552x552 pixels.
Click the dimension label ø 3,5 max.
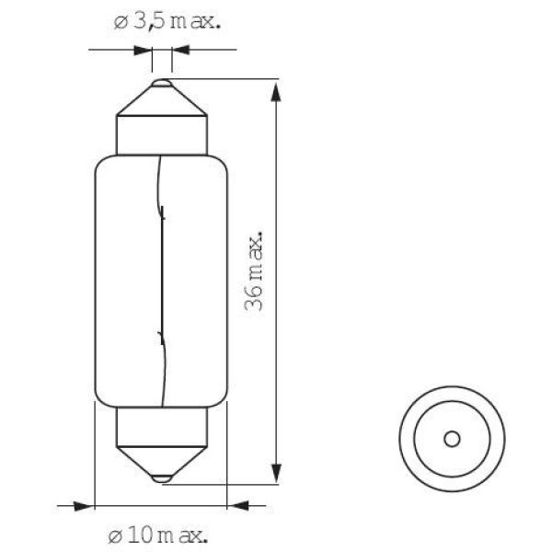[x=167, y=22]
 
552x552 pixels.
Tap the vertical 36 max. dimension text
[x=254, y=271]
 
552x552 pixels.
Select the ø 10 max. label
[x=157, y=536]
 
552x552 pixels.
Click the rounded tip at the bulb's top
[x=162, y=84]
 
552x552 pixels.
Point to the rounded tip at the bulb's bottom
[x=162, y=478]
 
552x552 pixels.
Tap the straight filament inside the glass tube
[x=162, y=274]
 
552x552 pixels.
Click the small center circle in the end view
[x=452, y=439]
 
